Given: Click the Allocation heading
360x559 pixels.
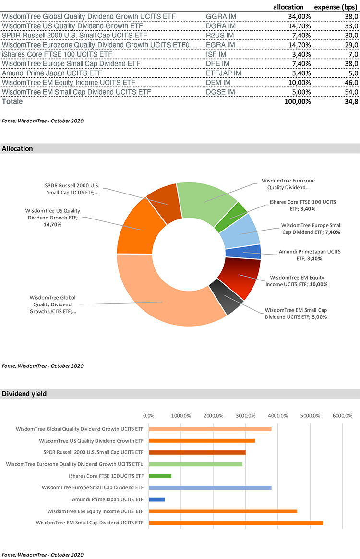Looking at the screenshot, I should point(17,149).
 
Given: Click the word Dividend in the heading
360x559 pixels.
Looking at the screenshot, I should point(14,394).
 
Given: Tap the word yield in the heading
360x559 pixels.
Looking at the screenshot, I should point(38,394).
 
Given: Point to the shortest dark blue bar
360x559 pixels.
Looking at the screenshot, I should point(160,499).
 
